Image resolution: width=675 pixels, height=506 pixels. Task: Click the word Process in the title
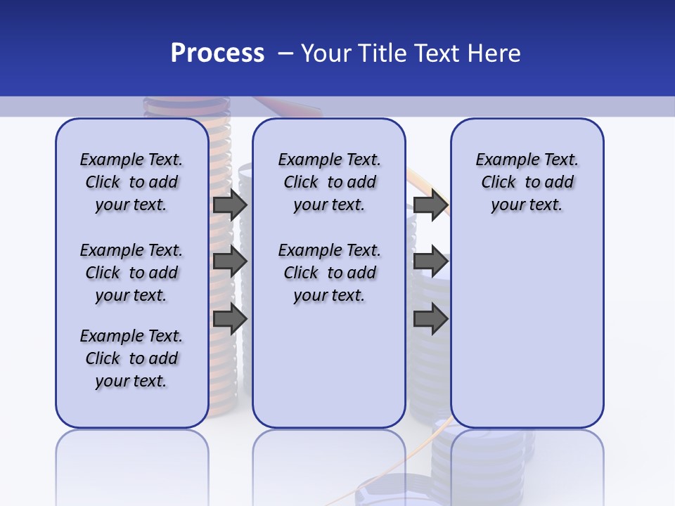(x=217, y=53)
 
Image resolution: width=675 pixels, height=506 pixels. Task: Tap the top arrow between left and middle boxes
(x=229, y=205)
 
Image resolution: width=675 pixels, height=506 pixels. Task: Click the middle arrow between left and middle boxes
(x=229, y=261)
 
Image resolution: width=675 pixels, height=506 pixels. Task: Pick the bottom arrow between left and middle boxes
(x=229, y=319)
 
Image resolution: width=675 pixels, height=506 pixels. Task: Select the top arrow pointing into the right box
(x=430, y=205)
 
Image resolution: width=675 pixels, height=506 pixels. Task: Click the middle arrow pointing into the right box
(x=430, y=261)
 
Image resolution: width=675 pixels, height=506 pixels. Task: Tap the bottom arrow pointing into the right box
(x=430, y=319)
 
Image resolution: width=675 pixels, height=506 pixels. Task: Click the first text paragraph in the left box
(x=131, y=182)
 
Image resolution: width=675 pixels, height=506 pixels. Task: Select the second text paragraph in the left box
(x=131, y=273)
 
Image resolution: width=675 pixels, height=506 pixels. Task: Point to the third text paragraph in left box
(x=131, y=358)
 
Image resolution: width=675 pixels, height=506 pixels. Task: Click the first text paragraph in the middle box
(x=329, y=182)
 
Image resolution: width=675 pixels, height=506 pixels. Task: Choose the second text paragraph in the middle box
(x=329, y=273)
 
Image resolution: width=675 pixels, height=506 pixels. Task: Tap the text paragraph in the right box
(x=527, y=182)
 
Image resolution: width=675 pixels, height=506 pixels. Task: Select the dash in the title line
(x=285, y=53)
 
